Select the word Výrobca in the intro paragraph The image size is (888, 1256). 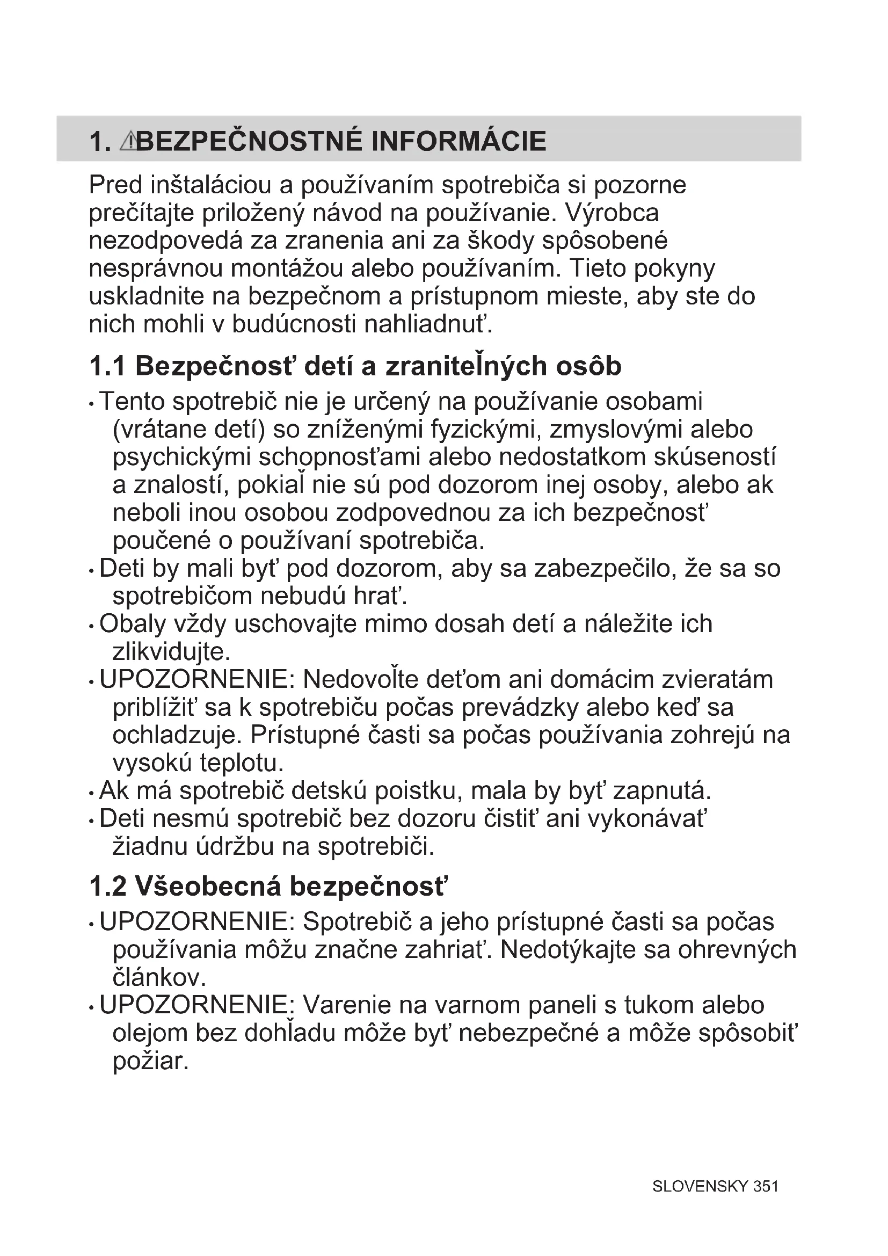coord(613,213)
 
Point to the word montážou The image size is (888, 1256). coord(287,268)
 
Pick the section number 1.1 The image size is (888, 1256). coord(108,367)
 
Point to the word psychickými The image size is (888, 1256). coord(181,458)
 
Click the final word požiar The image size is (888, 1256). coord(150,1062)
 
